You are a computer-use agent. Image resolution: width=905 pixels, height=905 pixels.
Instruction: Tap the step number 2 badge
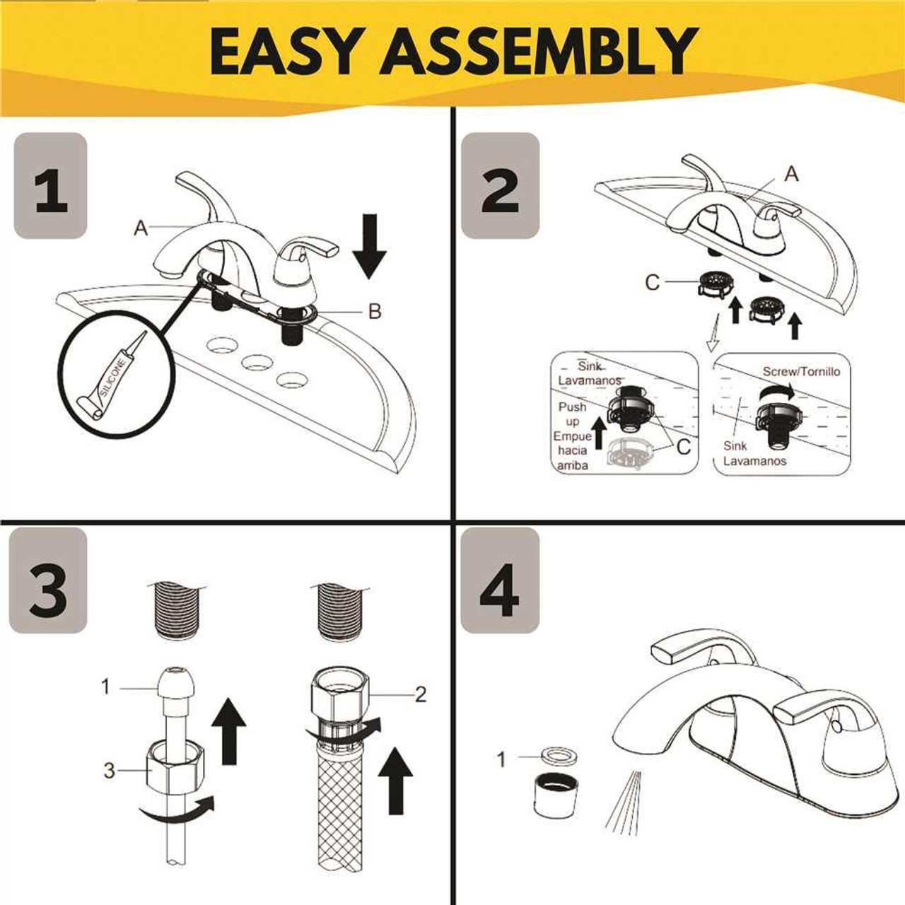click(x=500, y=186)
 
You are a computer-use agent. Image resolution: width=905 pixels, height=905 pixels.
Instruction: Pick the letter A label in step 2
click(x=791, y=173)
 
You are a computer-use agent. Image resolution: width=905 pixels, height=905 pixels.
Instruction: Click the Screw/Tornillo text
click(x=801, y=371)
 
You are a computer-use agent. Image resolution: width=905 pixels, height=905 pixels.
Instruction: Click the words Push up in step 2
click(x=572, y=414)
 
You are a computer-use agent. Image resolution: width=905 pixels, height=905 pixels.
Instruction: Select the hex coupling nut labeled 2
click(x=337, y=697)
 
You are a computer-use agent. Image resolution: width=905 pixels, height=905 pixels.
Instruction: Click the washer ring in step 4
click(x=556, y=757)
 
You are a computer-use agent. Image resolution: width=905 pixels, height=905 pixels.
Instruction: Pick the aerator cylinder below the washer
click(x=556, y=793)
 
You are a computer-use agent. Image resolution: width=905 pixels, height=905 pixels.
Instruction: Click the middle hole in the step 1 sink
click(x=258, y=363)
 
